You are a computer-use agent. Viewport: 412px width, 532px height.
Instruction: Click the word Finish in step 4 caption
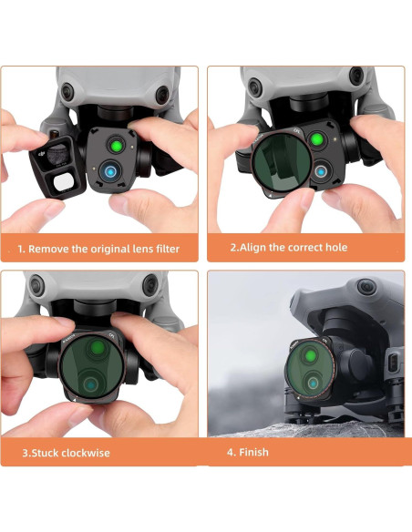tap(254, 452)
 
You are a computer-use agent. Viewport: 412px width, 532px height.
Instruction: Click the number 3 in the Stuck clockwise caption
tap(26, 452)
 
